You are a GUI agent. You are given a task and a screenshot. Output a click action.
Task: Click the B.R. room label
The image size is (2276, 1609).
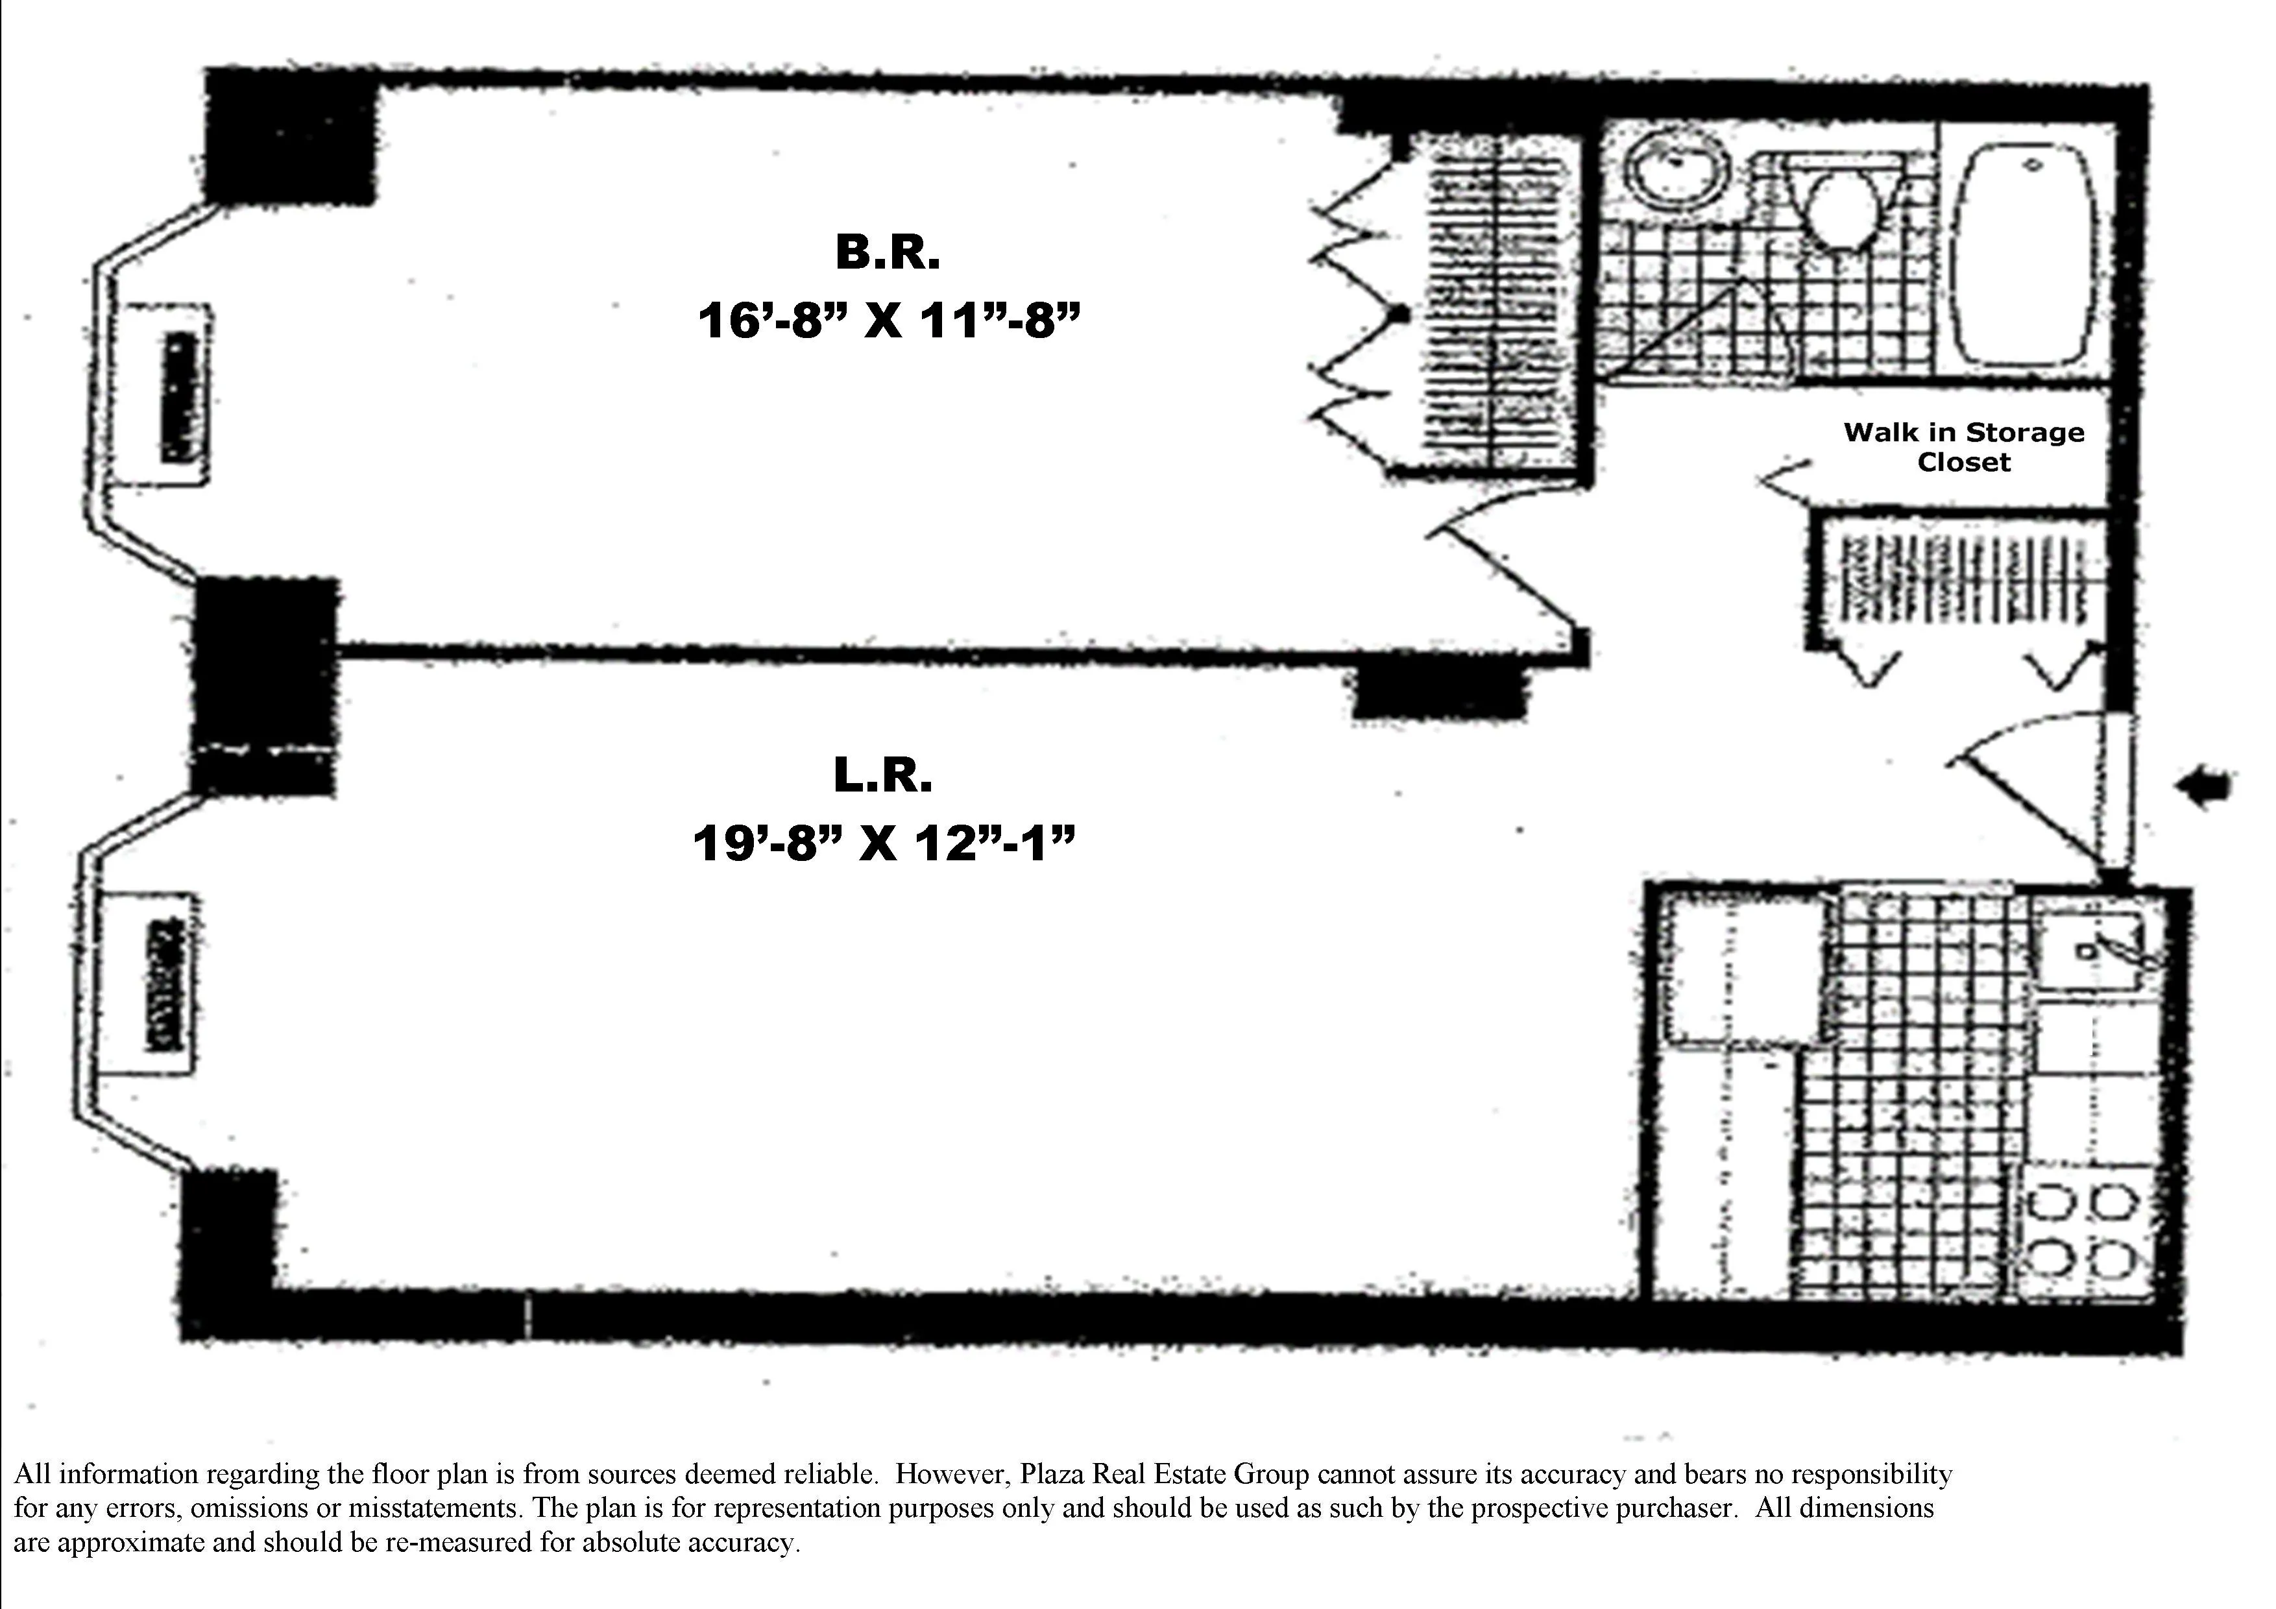tap(887, 253)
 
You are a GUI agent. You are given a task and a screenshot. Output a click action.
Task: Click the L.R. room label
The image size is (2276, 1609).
tap(883, 775)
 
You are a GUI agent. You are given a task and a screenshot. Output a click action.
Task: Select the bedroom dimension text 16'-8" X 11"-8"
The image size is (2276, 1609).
tap(887, 321)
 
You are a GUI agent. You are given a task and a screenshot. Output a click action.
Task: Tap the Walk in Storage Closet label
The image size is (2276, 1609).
tap(1963, 447)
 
